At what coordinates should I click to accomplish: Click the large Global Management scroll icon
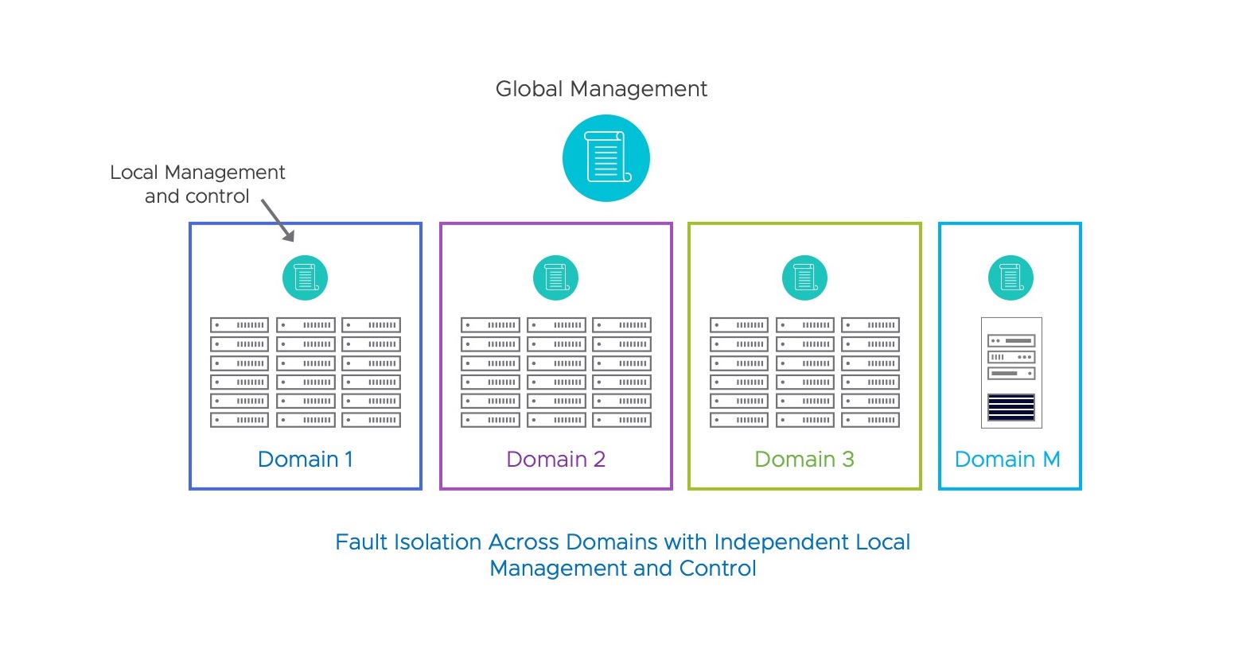coord(606,158)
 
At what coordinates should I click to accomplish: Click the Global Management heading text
coord(601,89)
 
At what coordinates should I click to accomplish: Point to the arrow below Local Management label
coord(278,220)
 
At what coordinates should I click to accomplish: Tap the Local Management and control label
coord(197,184)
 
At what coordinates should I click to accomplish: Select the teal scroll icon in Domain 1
coord(305,278)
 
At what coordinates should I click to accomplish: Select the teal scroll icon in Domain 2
coord(555,278)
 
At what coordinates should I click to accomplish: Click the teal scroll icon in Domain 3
coord(804,278)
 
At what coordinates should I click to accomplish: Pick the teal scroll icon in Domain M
coord(1011,278)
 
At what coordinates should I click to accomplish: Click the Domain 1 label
coord(305,459)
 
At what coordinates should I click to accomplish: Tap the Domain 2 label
coord(555,459)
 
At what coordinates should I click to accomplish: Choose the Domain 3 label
coord(804,459)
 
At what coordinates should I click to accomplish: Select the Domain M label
coord(1007,459)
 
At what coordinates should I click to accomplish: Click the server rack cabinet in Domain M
coord(1011,372)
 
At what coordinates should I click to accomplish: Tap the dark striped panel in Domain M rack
coord(1011,407)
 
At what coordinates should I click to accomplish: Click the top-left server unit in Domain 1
coord(239,325)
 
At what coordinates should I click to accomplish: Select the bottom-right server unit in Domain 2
coord(621,420)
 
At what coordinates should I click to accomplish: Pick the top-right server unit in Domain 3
coord(870,325)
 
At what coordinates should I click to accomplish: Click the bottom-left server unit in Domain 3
coord(738,420)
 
